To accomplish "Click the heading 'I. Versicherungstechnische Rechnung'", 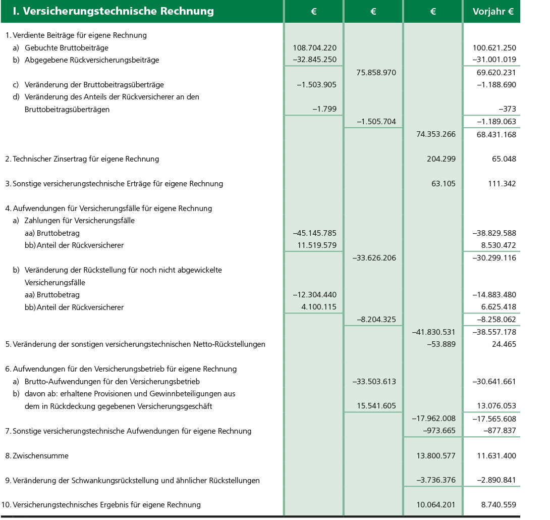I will pos(113,11).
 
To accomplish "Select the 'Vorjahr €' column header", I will pos(493,11).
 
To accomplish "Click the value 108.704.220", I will pos(314,48).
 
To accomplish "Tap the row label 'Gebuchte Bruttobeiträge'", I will pos(66,48).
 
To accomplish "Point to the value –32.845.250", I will pos(314,60).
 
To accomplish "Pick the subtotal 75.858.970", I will pos(376,73).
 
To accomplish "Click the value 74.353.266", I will pos(435,134).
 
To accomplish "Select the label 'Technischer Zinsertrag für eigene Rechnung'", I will pos(86,159).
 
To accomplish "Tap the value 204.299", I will pos(441,159).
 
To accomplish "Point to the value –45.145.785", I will pos(314,233).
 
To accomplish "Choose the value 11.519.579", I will pos(316,245).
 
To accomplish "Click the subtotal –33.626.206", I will pos(374,258).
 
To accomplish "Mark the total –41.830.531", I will pos(433,332).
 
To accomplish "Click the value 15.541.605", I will pos(376,406).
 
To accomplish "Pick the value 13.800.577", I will pos(435,456).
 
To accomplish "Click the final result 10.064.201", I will pos(435,505).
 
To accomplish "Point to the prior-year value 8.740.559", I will pos(497,505).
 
